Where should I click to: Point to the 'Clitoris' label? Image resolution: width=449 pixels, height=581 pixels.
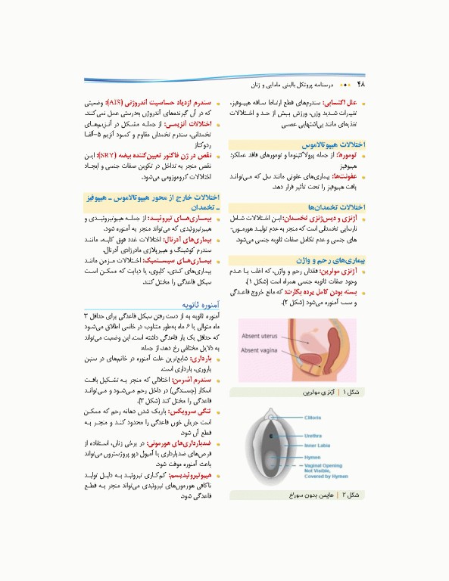tap(312, 418)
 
